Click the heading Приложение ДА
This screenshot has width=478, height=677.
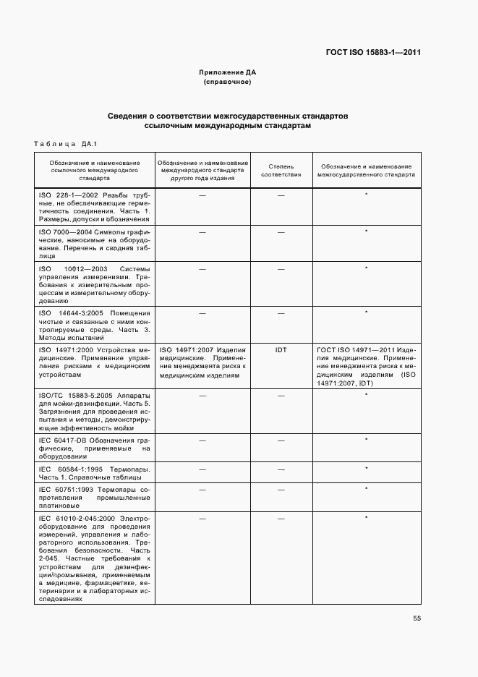click(228, 72)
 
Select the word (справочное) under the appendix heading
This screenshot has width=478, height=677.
click(228, 82)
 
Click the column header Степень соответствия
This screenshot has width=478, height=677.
click(281, 170)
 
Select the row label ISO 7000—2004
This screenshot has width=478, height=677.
click(67, 231)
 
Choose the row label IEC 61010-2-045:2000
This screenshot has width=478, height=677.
click(77, 518)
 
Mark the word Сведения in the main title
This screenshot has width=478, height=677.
click(127, 116)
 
